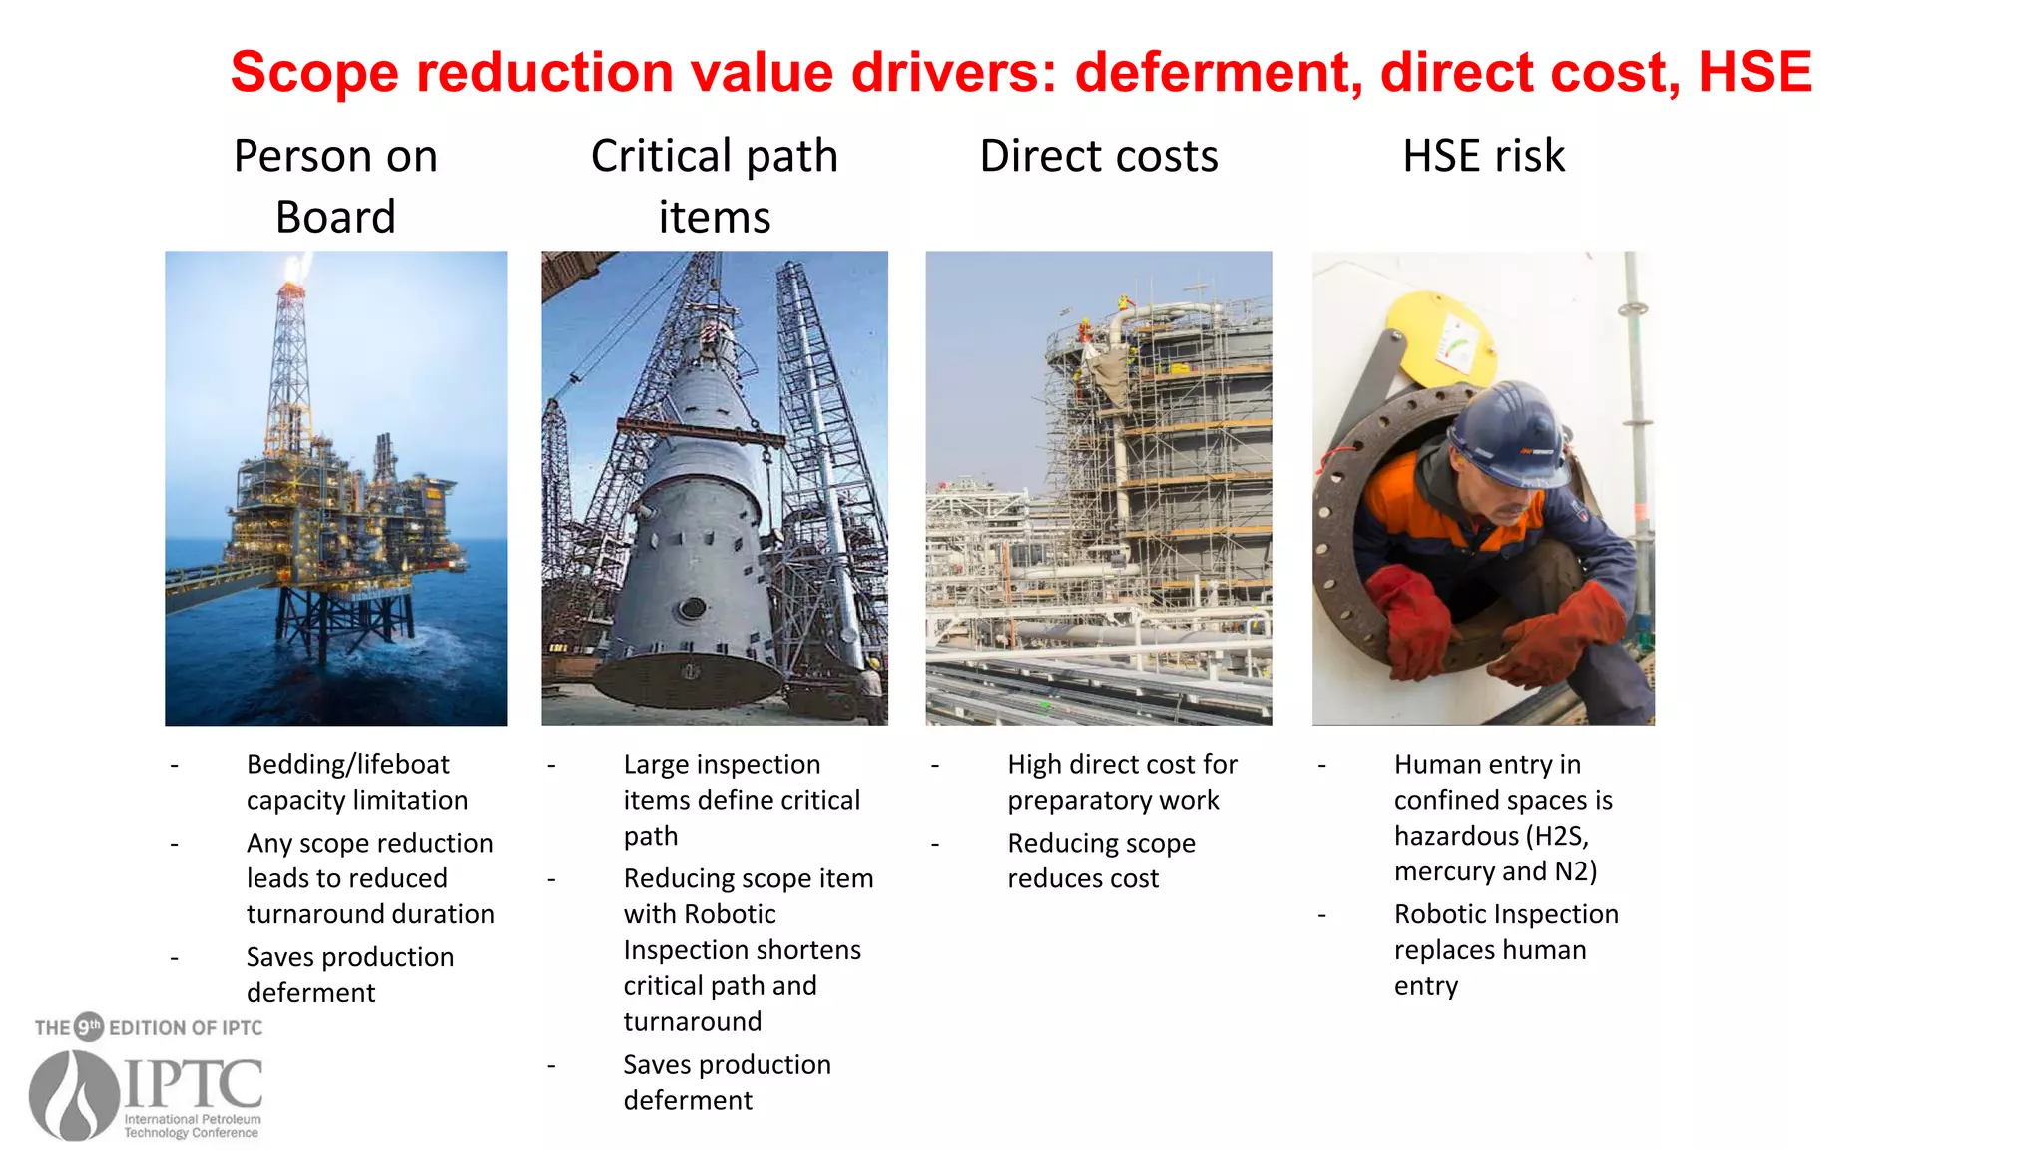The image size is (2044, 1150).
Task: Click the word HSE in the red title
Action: coord(1755,72)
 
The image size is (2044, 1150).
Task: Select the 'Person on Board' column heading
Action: coord(335,186)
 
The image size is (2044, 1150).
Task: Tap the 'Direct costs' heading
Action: coord(1099,156)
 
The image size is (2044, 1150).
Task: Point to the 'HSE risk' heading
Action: coord(1483,156)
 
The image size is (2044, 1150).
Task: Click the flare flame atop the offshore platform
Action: coord(296,269)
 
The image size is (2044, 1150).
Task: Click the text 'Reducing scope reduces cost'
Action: coord(1100,861)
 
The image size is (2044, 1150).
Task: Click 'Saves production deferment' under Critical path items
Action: coord(726,1082)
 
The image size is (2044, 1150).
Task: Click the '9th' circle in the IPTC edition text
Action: coord(90,1026)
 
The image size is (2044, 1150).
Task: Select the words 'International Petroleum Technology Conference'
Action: coord(192,1126)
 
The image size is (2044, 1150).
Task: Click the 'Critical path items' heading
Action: coord(714,186)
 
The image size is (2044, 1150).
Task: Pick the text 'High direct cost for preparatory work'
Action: coord(1121,782)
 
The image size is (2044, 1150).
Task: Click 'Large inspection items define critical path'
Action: coord(740,800)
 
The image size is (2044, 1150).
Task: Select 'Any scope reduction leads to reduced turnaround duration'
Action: coord(369,878)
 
